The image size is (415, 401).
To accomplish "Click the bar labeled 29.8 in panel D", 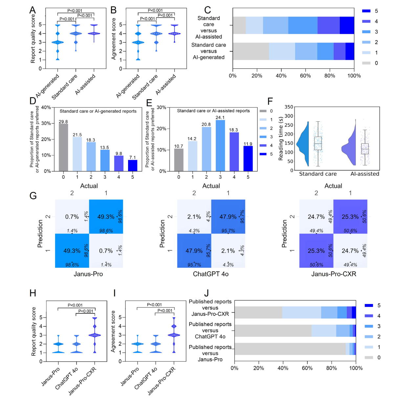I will pos(63,147).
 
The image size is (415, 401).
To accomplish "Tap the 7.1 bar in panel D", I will pos(133,165).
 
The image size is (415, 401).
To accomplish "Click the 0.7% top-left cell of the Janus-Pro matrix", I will pos(72,216).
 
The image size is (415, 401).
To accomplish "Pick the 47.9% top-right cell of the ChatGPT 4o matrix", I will pos(228,216).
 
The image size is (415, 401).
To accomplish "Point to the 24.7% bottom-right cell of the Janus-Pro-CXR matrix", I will pos(350,251).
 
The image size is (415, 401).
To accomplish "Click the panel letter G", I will pos(33,196).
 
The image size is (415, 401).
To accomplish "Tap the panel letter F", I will pos(270,101).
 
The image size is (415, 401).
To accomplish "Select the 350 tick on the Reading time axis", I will pos(289,107).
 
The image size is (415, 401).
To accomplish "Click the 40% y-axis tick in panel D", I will pos(46,108).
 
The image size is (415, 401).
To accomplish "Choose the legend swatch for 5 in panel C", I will pos(366,11).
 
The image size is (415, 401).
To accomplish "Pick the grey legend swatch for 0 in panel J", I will pos(369,358).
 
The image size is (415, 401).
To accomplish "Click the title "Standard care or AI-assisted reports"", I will pos(213,111).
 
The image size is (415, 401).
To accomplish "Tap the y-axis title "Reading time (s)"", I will pos(281,138).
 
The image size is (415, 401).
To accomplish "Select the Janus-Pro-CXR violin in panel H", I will pos(95,335).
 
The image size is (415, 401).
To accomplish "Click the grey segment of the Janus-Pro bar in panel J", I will pos(290,349).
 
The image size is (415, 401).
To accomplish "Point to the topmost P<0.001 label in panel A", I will pos(75,11).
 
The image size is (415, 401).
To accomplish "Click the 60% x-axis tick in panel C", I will pos(305,76).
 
